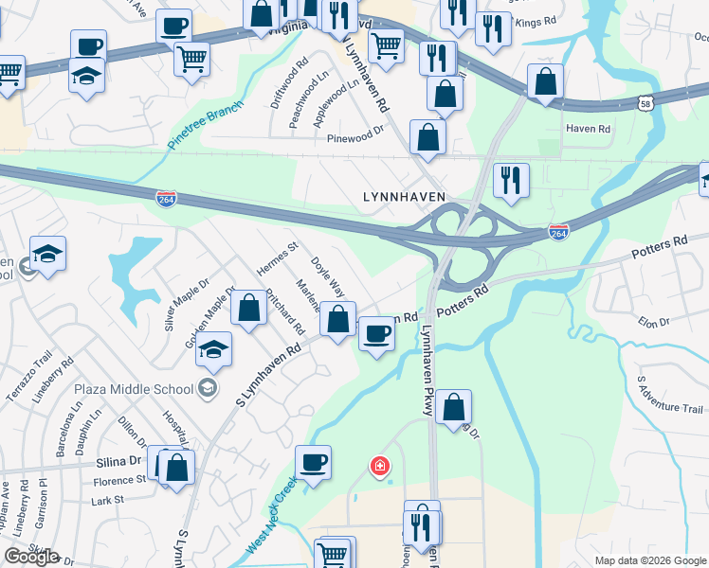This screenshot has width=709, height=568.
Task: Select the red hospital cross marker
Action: click(x=379, y=466)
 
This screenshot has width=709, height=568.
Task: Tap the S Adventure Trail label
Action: click(x=669, y=396)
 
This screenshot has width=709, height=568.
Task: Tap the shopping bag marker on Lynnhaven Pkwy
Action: click(x=454, y=407)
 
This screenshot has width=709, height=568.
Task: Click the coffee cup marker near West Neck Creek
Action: click(x=313, y=462)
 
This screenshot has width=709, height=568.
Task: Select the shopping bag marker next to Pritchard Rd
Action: click(x=248, y=309)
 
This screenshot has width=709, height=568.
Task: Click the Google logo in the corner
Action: click(x=31, y=556)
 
